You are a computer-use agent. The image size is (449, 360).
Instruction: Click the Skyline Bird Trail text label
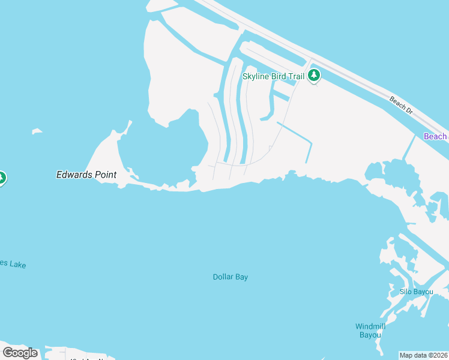coord(273,76)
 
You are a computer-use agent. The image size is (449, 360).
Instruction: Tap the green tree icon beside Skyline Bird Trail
coord(313,76)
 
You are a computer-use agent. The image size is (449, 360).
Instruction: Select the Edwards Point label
coord(86,175)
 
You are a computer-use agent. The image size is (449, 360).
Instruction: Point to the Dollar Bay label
coord(231,277)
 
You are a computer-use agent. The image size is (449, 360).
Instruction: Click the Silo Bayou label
coord(417,292)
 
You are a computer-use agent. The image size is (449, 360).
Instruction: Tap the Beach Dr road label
coord(401,105)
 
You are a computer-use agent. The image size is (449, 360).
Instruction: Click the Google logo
coord(20,353)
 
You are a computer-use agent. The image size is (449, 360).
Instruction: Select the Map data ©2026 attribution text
coord(424,355)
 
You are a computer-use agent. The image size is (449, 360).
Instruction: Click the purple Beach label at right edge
coord(436,136)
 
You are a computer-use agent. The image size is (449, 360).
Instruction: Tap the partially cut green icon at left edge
coord(2,178)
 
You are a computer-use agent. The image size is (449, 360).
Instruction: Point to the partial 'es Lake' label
coord(13,264)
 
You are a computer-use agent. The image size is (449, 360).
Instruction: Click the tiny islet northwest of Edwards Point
coord(37,131)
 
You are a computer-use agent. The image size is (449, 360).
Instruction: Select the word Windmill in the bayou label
coord(370,326)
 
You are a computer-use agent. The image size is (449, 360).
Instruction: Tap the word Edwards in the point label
coord(74,175)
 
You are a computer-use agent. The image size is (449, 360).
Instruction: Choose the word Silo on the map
coord(406,292)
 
